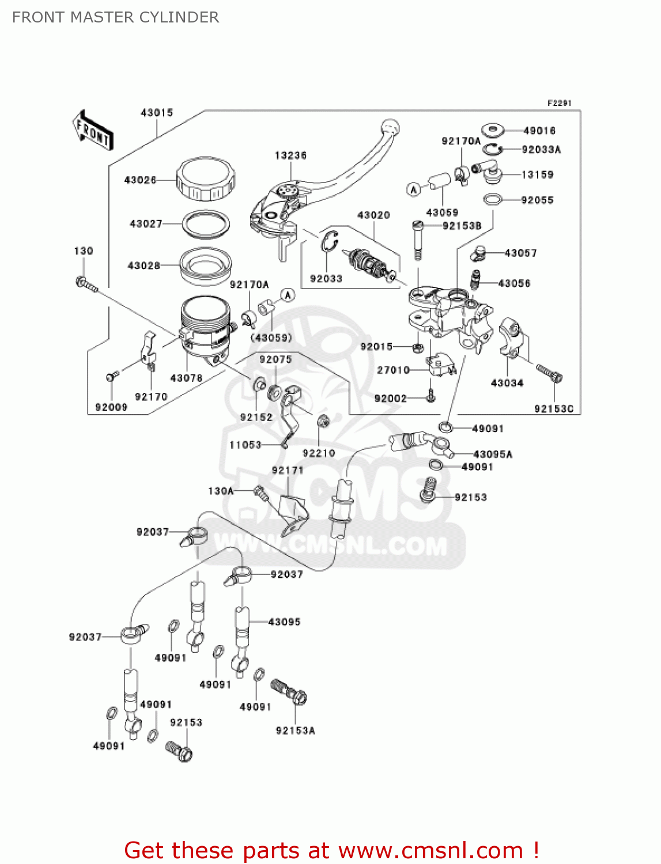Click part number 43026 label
point(140,180)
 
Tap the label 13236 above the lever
point(290,156)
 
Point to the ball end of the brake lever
point(390,126)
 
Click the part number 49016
point(539,131)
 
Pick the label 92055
point(537,200)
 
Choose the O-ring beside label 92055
point(492,199)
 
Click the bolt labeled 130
point(85,283)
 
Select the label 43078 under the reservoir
point(186,378)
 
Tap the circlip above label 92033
point(328,241)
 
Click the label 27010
point(393,370)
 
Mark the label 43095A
point(493,454)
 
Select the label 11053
point(245,445)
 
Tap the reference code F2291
point(559,103)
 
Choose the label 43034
point(507,382)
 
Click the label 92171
point(287,470)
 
